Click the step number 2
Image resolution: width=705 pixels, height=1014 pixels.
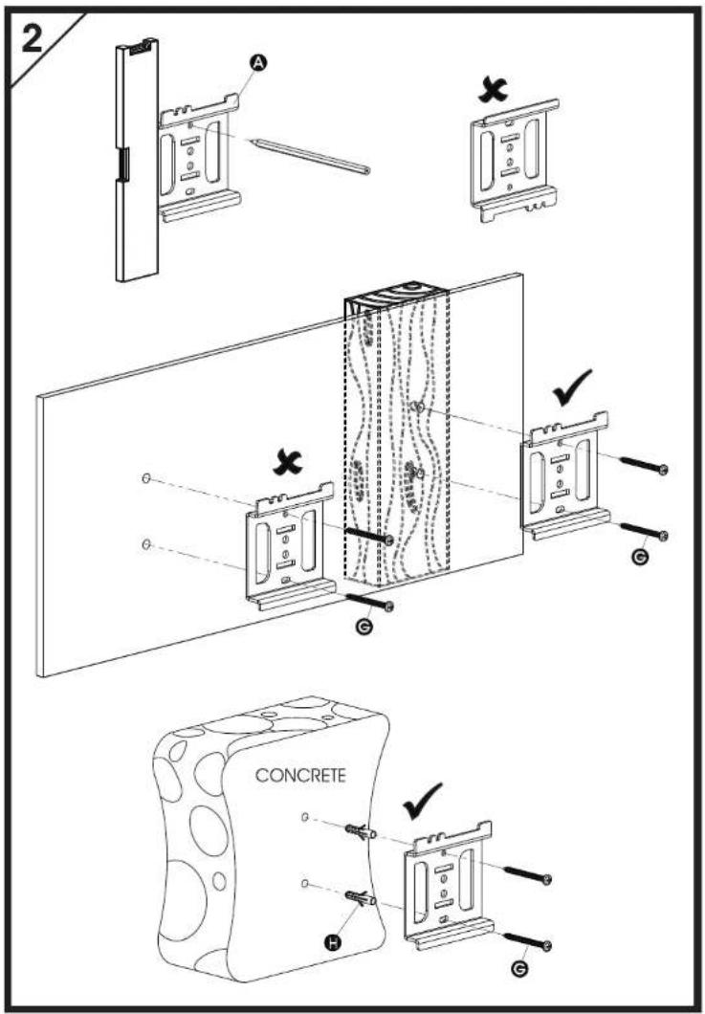33,38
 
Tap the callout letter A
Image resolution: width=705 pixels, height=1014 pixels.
258,62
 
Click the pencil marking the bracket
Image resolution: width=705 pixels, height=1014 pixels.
310,156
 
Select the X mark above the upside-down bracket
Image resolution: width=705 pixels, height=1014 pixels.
493,90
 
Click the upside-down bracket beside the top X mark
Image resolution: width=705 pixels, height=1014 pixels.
515,161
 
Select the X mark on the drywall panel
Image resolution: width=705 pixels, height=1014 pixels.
289,462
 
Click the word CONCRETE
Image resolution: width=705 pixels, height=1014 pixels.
300,775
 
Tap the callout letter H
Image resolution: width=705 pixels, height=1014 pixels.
333,943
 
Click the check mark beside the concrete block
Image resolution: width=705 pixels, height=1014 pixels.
423,801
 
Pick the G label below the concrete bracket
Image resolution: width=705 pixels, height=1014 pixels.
518,968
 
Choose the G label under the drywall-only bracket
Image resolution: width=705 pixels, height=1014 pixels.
364,626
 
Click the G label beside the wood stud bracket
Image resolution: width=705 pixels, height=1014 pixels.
640,556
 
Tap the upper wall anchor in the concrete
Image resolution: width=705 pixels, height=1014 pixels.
361,831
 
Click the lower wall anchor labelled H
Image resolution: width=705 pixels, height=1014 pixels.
361,898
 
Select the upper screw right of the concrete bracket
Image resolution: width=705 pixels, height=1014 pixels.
527,873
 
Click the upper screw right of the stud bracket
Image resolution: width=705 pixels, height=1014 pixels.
644,465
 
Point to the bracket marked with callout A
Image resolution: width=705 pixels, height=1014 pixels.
200,158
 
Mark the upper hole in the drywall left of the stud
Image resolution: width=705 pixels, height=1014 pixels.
146,478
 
